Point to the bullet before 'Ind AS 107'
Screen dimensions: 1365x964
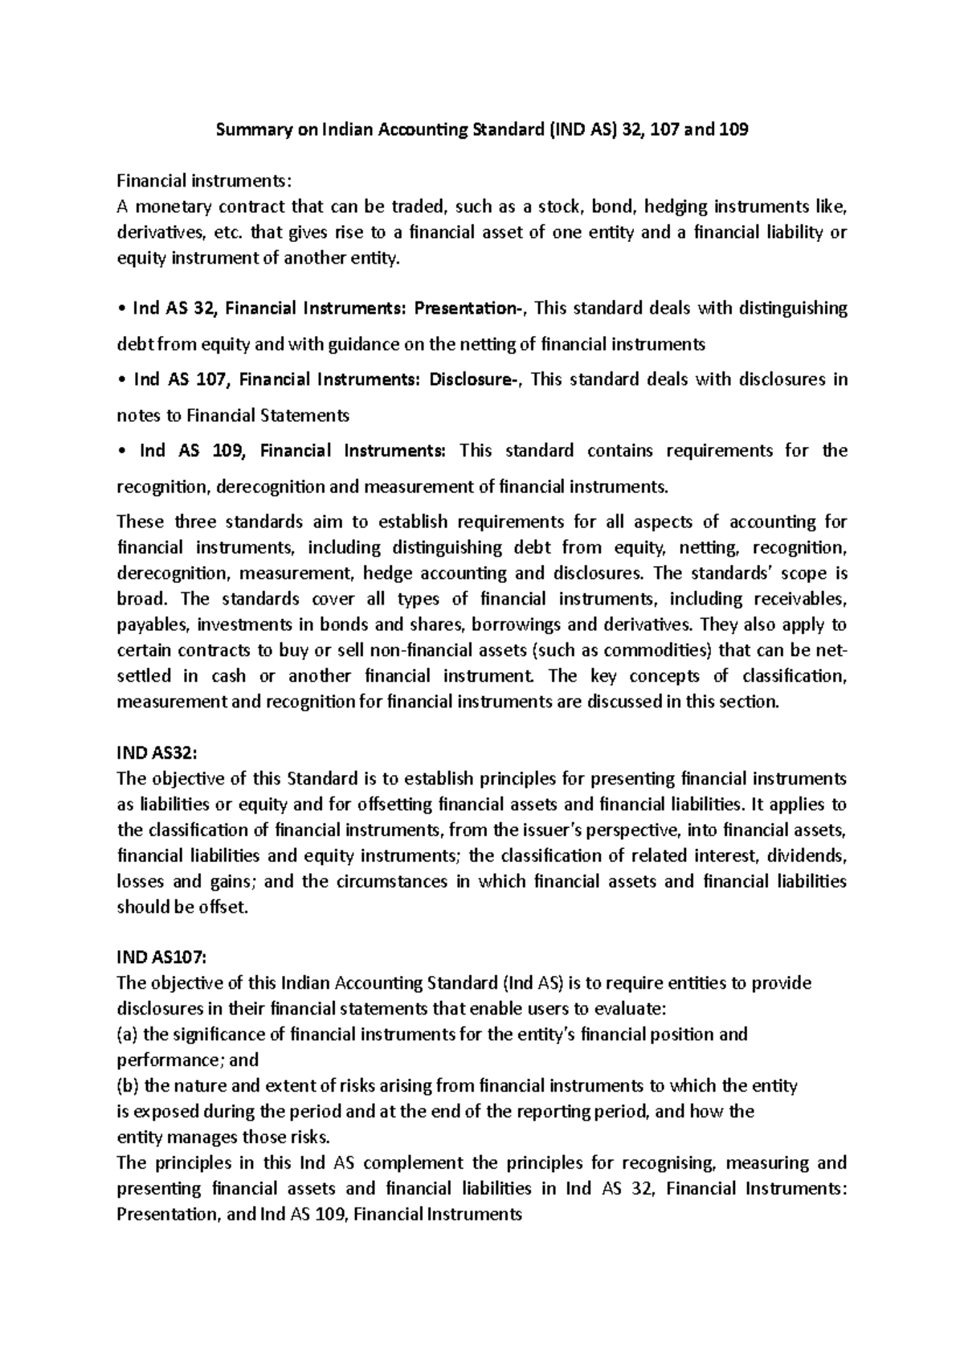(x=120, y=379)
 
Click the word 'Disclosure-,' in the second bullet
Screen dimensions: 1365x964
(x=477, y=379)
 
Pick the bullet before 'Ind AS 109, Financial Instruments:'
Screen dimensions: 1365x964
(x=120, y=451)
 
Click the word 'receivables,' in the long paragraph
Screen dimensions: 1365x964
(x=799, y=599)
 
